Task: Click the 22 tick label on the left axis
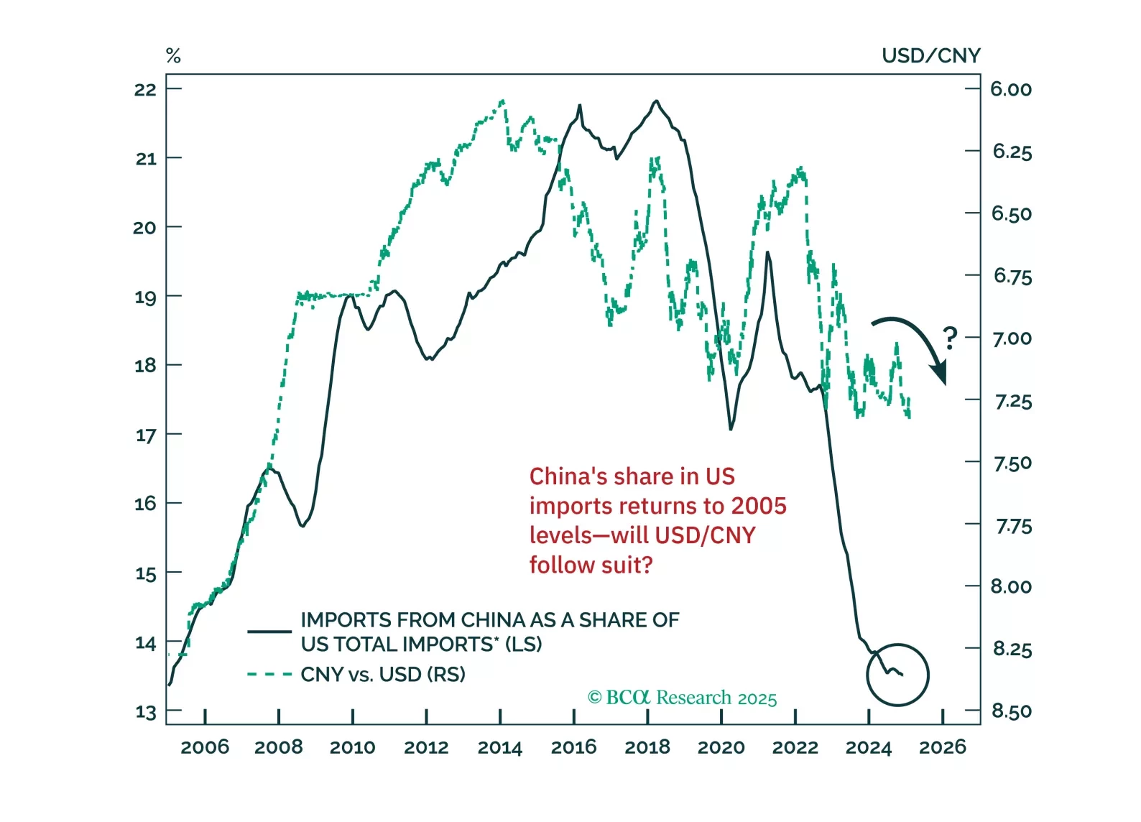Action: coord(145,90)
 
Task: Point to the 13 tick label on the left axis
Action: coord(146,712)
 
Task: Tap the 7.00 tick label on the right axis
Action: coord(1012,338)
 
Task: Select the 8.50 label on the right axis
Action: coord(1012,711)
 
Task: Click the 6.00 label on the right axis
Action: coord(1011,90)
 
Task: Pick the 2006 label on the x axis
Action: coord(205,748)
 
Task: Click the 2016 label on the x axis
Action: coord(573,748)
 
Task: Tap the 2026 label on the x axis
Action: coord(942,748)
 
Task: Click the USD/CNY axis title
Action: coord(930,56)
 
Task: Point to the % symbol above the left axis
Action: coord(173,56)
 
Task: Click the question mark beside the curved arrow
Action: coord(950,338)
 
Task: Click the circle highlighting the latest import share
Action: coord(897,675)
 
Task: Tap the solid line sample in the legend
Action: coord(269,632)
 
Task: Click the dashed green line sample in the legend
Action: coord(269,675)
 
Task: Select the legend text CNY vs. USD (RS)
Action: coord(383,675)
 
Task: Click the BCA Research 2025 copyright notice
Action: coord(682,698)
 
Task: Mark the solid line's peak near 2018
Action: coord(655,101)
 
